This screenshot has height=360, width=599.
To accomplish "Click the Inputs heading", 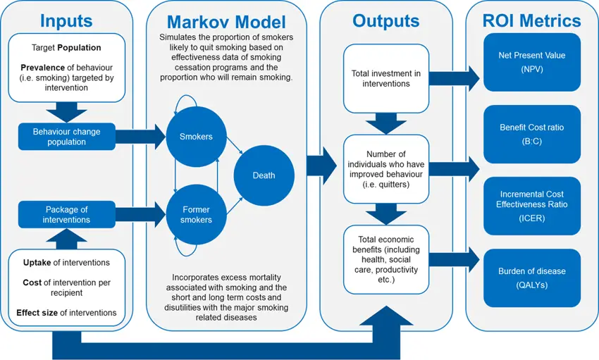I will point(66,20).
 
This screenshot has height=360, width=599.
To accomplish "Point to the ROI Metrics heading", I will point(532,20).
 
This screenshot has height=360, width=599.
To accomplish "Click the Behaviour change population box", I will point(67,137).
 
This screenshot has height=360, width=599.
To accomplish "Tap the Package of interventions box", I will point(67,214).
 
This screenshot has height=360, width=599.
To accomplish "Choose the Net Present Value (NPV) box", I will point(532,61).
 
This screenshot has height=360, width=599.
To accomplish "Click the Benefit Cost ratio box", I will point(532,134).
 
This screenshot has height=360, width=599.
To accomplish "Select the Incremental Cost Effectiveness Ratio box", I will point(532,206).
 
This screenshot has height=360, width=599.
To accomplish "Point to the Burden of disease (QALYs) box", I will point(532,278).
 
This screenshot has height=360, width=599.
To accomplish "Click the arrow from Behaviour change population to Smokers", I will point(139,137).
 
